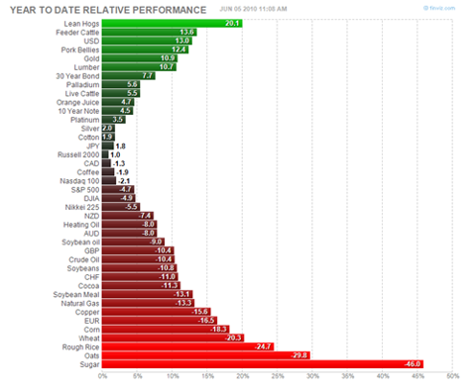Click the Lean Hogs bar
point(172,22)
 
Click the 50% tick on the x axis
point(453,376)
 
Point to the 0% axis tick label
point(103,376)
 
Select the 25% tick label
point(278,376)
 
